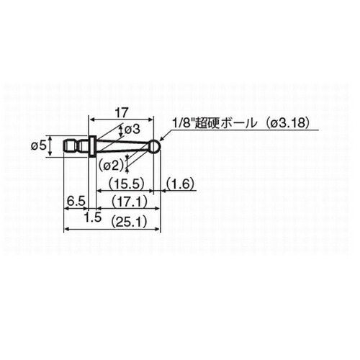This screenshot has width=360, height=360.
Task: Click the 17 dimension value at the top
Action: coord(122,113)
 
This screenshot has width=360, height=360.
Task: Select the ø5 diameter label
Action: coord(38,146)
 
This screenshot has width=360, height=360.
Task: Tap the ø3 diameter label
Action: coord(132,130)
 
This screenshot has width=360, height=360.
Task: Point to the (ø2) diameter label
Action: coord(111,166)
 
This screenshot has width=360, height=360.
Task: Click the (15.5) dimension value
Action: coord(126,184)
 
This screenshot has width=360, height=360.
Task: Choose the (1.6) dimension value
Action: coord(180,184)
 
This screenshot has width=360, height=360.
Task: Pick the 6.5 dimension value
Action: coord(76,202)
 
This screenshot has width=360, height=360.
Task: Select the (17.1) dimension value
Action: coord(130,202)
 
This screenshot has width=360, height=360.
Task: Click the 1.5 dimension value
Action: coord(93,217)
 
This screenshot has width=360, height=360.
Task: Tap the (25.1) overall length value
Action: coord(129,222)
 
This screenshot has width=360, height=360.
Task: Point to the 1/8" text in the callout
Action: coord(184,124)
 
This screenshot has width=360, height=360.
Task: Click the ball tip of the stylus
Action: coord(155,146)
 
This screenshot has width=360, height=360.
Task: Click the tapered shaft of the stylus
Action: coord(123,146)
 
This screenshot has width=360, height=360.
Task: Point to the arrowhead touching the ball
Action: coord(161,140)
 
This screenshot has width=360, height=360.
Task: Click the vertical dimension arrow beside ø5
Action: coord(50,146)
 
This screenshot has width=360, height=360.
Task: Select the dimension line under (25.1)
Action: coord(112,230)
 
